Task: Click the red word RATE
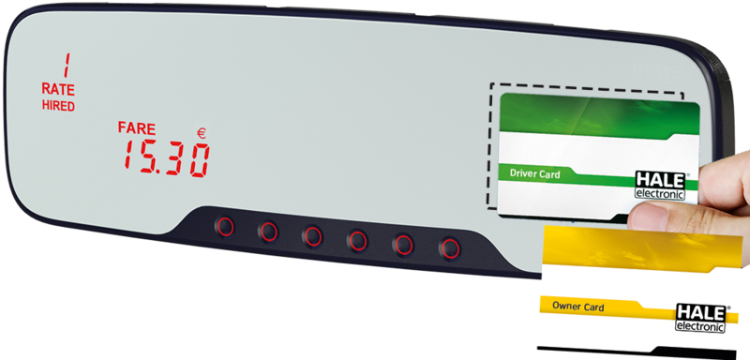pyautogui.click(x=58, y=89)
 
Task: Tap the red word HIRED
pyautogui.click(x=58, y=106)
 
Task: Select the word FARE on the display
pyautogui.click(x=137, y=128)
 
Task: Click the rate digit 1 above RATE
pyautogui.click(x=67, y=65)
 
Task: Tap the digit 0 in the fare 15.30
pyautogui.click(x=200, y=160)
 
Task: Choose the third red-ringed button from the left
pyautogui.click(x=312, y=236)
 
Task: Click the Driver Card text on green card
pyautogui.click(x=534, y=173)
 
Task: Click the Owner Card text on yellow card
pyautogui.click(x=577, y=307)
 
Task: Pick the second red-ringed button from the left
pyautogui.click(x=268, y=232)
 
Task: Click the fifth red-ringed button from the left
pyautogui.click(x=403, y=245)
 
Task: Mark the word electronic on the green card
pyautogui.click(x=660, y=194)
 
